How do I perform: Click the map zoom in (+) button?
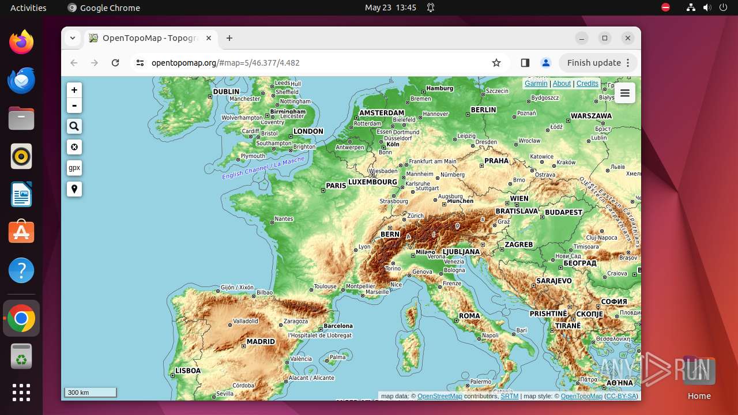pos(74,90)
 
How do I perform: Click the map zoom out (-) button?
pos(74,105)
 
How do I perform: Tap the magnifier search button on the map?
pos(74,126)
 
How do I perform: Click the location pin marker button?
pos(74,189)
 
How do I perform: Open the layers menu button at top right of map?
pos(625,93)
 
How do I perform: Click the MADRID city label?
pos(261,341)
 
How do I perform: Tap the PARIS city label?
pos(336,186)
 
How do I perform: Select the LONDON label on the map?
pos(308,131)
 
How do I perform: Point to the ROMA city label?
pos(469,316)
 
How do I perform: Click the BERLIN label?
pos(483,110)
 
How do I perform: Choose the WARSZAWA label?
pos(591,116)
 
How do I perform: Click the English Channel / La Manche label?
pos(263,168)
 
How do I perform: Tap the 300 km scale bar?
pos(91,393)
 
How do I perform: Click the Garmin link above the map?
pos(536,84)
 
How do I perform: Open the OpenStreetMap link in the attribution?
pos(439,396)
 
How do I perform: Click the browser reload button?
pos(115,63)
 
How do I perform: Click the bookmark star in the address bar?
pos(496,63)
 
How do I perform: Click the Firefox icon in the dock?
pos(21,42)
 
